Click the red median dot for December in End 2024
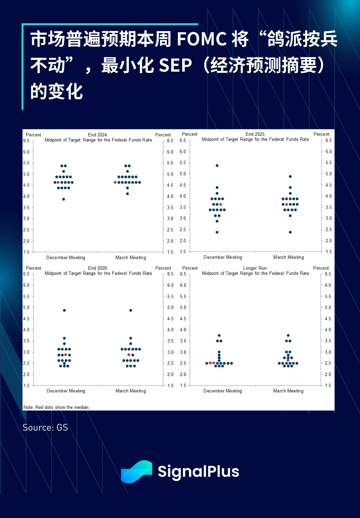pyautogui.click(x=58, y=183)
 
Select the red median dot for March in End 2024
pyautogui.click(x=115, y=183)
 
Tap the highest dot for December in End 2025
pyautogui.click(x=217, y=165)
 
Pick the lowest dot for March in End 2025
pyautogui.click(x=290, y=232)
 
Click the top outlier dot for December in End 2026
pyautogui.click(x=64, y=311)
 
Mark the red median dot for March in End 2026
pyautogui.click(x=129, y=355)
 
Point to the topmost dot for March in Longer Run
pyautogui.click(x=288, y=335)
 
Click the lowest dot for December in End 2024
pyautogui.click(x=64, y=199)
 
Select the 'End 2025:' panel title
pyautogui.click(x=255, y=134)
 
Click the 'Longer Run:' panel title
pyautogui.click(x=255, y=268)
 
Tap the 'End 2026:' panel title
pyautogui.click(x=98, y=268)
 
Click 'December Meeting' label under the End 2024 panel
pyautogui.click(x=66, y=258)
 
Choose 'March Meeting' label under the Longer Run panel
pyautogui.click(x=288, y=391)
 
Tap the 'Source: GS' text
pyautogui.click(x=45, y=428)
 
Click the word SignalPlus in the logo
pyautogui.click(x=198, y=471)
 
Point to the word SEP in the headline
pyautogui.click(x=175, y=66)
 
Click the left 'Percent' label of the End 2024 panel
pyautogui.click(x=33, y=135)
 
